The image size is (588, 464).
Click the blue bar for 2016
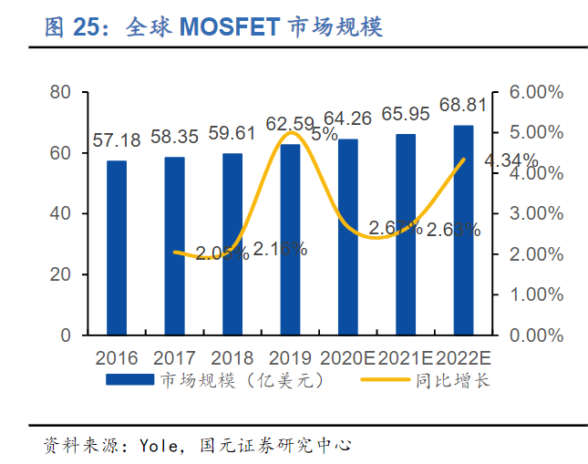117,248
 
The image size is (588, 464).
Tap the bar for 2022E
463,231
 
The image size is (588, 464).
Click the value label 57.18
117,140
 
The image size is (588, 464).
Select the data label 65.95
406,114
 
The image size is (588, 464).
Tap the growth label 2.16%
280,248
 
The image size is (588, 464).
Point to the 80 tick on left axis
61,92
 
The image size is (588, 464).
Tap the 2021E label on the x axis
406,356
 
